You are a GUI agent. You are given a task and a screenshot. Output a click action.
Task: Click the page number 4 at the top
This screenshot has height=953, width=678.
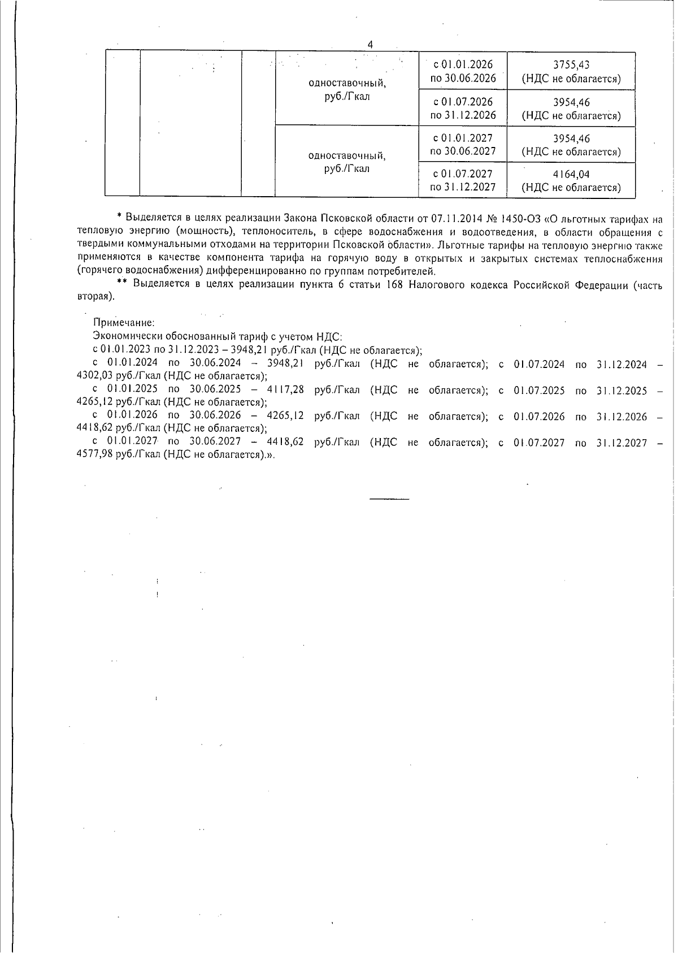tap(370, 45)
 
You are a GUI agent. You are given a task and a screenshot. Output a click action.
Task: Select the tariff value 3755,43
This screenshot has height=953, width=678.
tap(571, 65)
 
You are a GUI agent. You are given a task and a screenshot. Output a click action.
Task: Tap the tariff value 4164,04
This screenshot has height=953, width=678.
tap(571, 174)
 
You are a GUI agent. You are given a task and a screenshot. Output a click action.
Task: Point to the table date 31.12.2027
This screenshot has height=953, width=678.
tap(463, 187)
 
